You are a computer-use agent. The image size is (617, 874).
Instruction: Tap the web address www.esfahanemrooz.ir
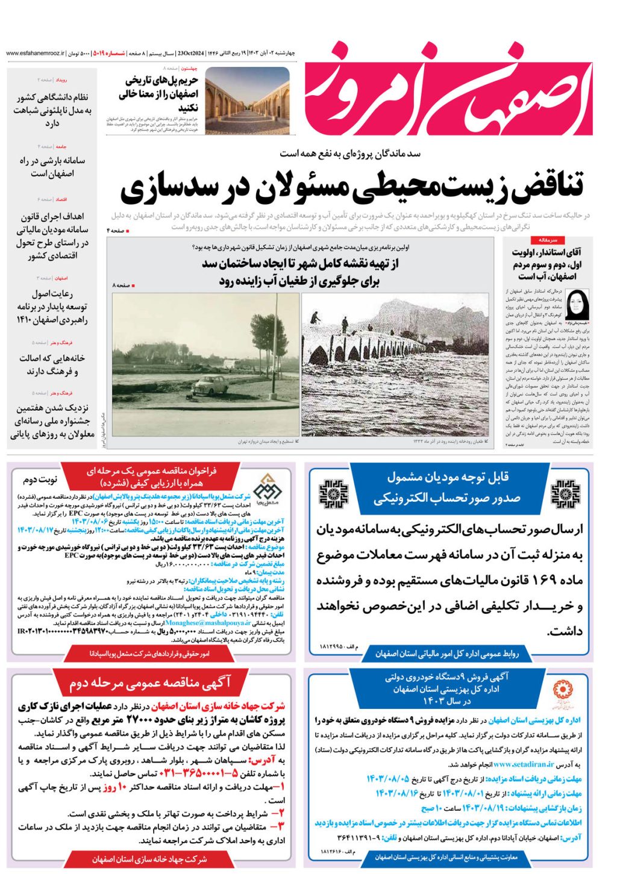coord(36,54)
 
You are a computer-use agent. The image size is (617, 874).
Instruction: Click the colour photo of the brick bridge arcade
coord(247,101)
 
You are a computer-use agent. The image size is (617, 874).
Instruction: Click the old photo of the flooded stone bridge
coord(395,364)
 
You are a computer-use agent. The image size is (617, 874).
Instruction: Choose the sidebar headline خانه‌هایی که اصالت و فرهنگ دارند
coord(52,365)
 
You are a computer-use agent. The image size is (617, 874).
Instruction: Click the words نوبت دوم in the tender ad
coord(40,479)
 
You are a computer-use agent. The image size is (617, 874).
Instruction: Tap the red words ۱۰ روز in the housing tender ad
coord(113,787)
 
